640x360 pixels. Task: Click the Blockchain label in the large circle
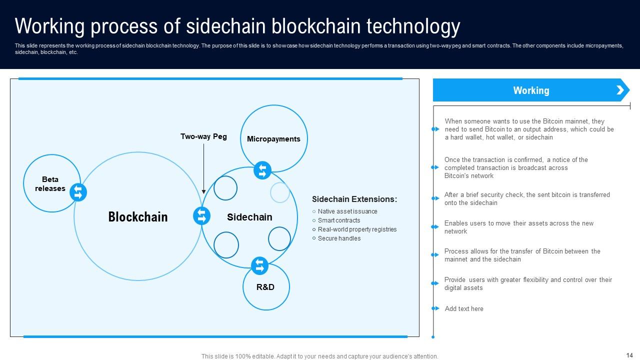pos(138,217)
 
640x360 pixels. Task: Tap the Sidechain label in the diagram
pos(249,217)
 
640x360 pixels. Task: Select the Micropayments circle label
pos(273,139)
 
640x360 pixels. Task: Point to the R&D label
pos(265,287)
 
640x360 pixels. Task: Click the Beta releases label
pos(50,184)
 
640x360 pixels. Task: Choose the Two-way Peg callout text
pos(203,136)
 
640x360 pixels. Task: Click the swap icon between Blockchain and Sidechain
pos(201,216)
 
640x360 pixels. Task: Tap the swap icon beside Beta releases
pos(78,192)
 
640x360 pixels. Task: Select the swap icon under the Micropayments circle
pos(262,170)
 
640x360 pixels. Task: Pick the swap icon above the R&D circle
pos(259,265)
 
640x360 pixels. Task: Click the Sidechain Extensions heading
pos(354,199)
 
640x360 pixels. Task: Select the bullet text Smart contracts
pos(339,220)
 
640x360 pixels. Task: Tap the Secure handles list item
pos(339,238)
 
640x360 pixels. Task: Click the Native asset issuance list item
pos(347,211)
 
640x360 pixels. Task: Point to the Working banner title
pos(531,90)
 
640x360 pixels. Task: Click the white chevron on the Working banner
pos(620,90)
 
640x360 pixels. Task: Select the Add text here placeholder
pos(464,309)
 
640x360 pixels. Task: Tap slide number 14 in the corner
pos(629,355)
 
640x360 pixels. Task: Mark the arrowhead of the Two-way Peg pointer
pos(203,191)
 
